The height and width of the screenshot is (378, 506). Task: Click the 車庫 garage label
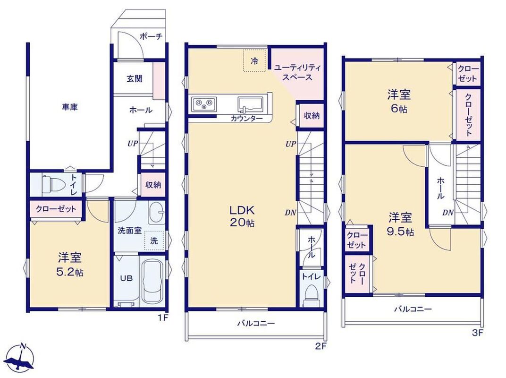point(70,107)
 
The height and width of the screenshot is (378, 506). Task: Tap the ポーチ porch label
point(151,36)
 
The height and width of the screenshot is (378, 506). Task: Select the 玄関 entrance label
point(134,78)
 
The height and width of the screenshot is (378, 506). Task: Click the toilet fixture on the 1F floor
point(51,184)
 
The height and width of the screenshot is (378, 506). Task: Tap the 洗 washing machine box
point(154,241)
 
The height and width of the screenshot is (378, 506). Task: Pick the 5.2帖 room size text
point(70,273)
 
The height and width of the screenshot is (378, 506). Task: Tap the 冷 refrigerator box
point(255,60)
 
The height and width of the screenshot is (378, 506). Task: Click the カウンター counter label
point(246,119)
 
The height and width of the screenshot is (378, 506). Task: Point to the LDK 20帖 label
point(242,216)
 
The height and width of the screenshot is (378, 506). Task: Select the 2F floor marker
point(321,347)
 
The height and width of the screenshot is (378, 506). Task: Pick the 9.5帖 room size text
point(400,232)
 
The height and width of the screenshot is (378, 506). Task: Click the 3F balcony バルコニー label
point(413,309)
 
